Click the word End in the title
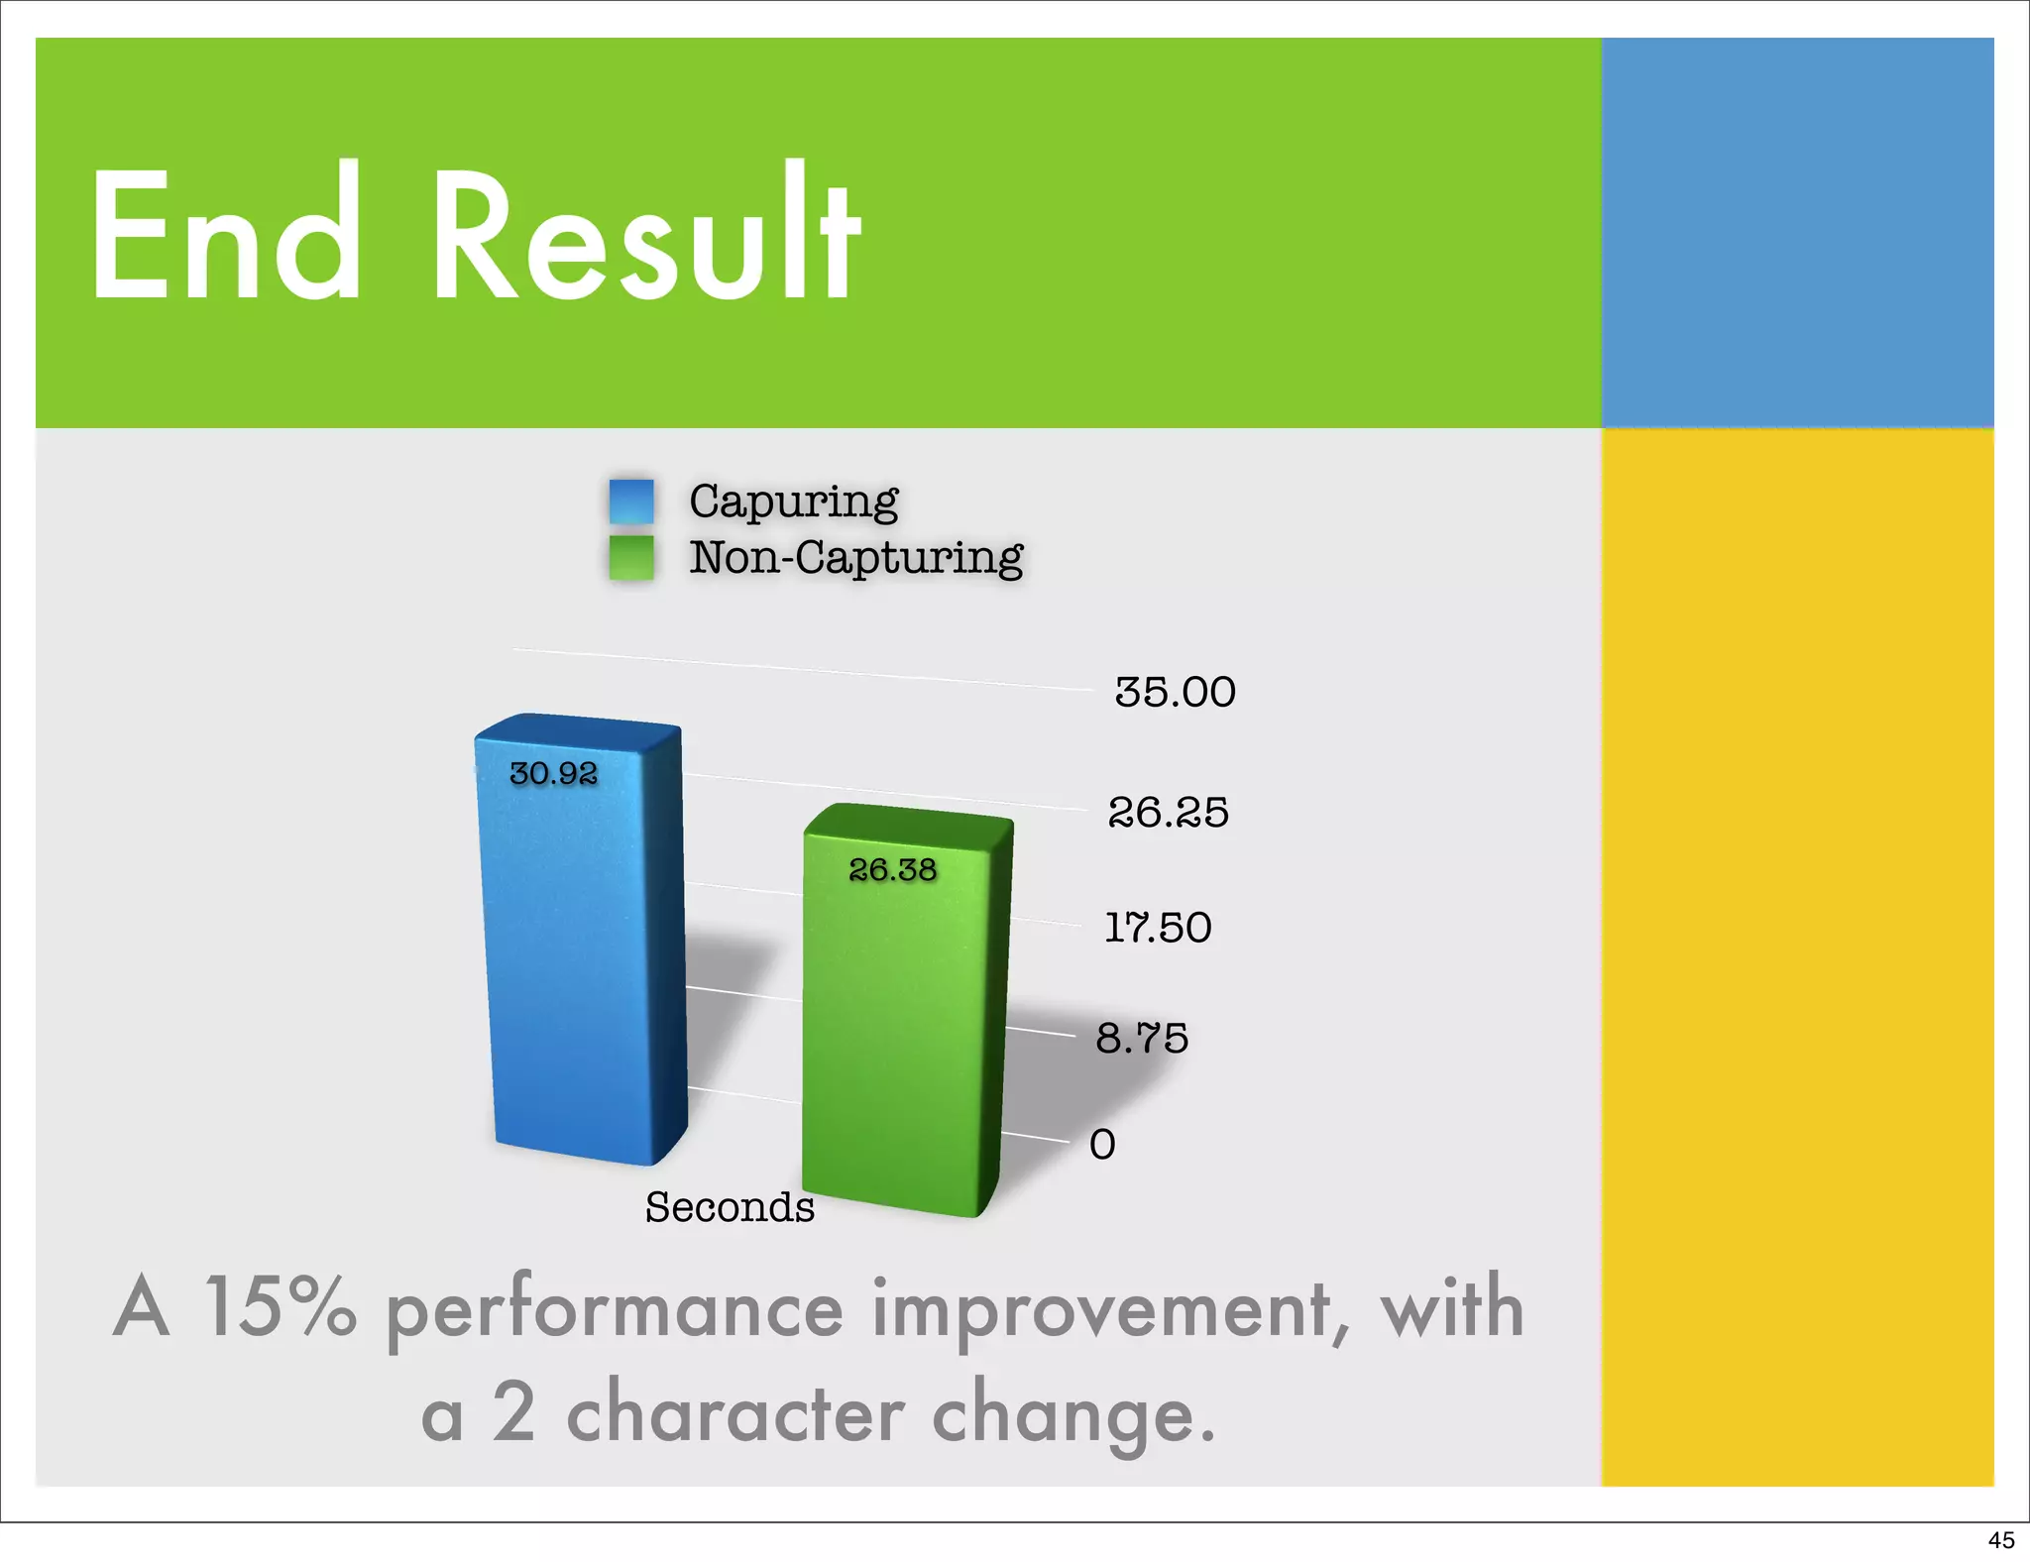pyautogui.click(x=226, y=235)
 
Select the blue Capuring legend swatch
pyautogui.click(x=631, y=502)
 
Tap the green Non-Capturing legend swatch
pyautogui.click(x=631, y=558)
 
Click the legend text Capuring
pyautogui.click(x=794, y=502)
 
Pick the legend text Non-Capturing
pyautogui.click(x=856, y=558)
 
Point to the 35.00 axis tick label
pyautogui.click(x=1176, y=692)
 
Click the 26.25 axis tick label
pyautogui.click(x=1169, y=813)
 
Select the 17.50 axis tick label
pyautogui.click(x=1159, y=928)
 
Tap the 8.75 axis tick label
pyautogui.click(x=1142, y=1039)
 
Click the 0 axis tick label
pyautogui.click(x=1102, y=1145)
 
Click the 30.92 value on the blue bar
pyautogui.click(x=553, y=773)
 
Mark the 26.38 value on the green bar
pyautogui.click(x=892, y=870)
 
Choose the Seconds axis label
pyautogui.click(x=730, y=1207)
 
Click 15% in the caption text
pyautogui.click(x=281, y=1306)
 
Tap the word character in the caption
pyautogui.click(x=734, y=1413)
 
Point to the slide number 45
pyautogui.click(x=2000, y=1540)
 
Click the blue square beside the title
pyautogui.click(x=1796, y=233)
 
